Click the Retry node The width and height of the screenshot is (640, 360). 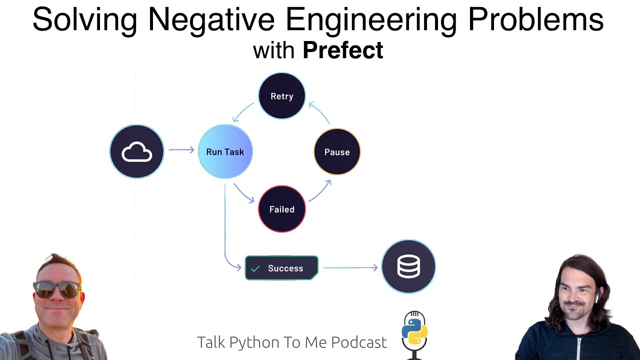281,96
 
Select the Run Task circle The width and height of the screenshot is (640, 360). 225,151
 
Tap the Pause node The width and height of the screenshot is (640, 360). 336,152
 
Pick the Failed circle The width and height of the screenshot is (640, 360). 281,209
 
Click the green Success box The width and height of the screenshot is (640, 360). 281,268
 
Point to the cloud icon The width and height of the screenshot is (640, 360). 136,151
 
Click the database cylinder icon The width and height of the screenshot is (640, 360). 408,266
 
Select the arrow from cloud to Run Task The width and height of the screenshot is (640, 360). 181,149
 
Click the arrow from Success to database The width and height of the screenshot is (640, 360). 350,268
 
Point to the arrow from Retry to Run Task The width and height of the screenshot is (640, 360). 243,112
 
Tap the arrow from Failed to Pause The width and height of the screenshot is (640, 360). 320,191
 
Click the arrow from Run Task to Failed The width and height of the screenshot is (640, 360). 243,193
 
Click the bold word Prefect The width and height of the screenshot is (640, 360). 343,50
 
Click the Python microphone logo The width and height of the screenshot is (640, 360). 414,332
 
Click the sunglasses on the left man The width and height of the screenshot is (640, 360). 56,288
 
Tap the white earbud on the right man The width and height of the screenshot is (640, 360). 596,298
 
